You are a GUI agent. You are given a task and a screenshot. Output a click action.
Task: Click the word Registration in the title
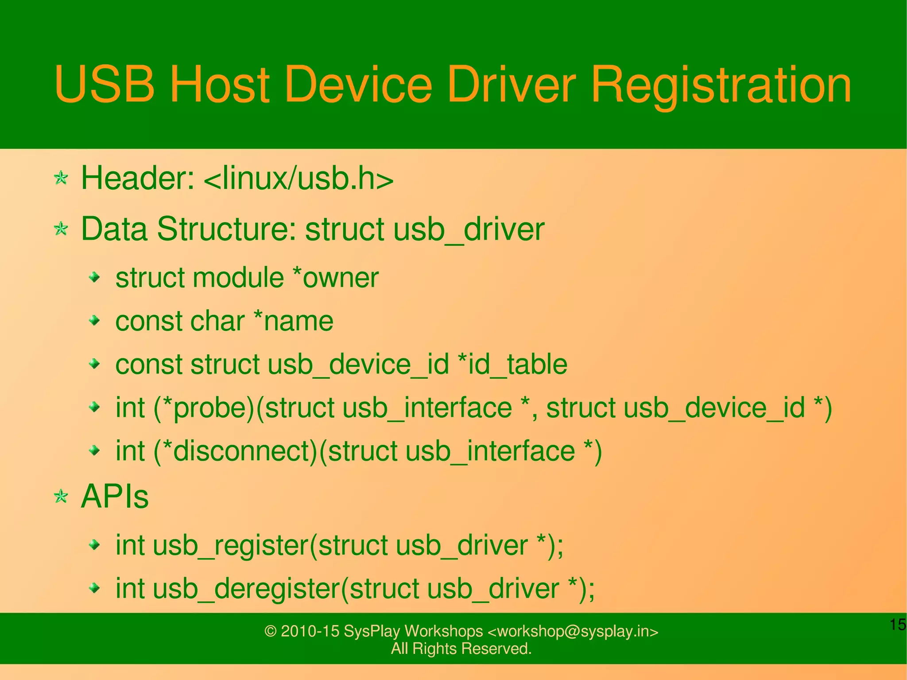[721, 84]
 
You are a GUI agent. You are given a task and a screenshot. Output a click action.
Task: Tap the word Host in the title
[220, 84]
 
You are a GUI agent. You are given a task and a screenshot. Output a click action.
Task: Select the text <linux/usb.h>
[298, 179]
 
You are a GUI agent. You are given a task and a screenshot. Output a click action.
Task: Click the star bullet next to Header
[61, 179]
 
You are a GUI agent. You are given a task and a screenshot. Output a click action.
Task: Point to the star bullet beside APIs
[61, 496]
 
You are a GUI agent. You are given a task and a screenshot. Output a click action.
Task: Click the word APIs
[115, 496]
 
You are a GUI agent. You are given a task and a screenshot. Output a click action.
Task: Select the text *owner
[336, 278]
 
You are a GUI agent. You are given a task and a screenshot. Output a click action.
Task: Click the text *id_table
[512, 365]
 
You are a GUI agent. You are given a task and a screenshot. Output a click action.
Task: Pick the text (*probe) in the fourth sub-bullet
[204, 408]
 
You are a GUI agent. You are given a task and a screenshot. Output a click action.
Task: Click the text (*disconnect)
[236, 451]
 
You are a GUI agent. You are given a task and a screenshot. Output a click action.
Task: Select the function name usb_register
[230, 545]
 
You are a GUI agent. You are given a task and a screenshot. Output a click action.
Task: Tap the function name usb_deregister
[246, 589]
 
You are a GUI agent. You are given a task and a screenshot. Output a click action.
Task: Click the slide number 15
[897, 625]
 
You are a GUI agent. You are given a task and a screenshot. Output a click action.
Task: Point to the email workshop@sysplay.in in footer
[573, 631]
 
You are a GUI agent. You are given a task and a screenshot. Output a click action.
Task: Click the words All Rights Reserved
[461, 649]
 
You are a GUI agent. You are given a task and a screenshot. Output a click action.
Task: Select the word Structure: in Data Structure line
[226, 229]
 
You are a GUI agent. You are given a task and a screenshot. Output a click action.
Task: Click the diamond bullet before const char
[94, 320]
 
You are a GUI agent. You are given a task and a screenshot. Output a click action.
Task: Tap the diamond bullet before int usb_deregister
[94, 588]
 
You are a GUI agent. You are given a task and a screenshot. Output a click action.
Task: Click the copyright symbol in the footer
[270, 631]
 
